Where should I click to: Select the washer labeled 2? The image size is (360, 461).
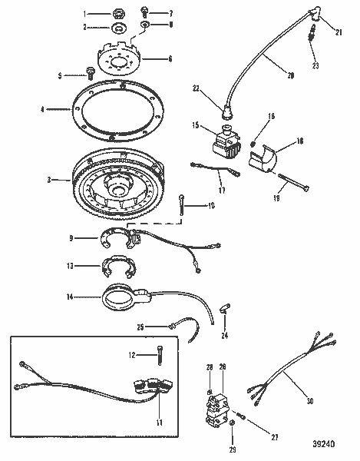click(120, 28)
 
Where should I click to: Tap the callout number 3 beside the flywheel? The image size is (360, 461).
click(49, 180)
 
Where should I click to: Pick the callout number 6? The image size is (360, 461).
click(170, 58)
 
